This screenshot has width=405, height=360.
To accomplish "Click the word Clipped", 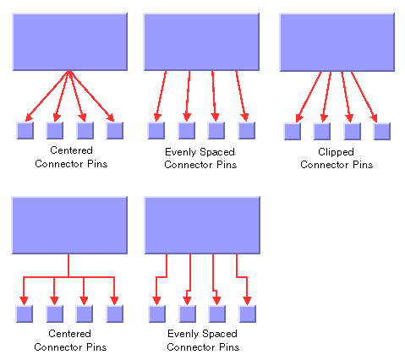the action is click(x=336, y=152).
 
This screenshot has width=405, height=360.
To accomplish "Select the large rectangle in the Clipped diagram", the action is click(x=337, y=42).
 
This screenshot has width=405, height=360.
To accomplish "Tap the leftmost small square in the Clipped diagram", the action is click(x=293, y=131).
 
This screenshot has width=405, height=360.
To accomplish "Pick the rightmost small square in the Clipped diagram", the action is click(x=382, y=131).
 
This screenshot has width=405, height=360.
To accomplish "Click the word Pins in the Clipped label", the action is click(x=363, y=165).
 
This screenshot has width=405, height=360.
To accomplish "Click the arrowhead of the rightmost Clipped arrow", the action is click(x=375, y=118).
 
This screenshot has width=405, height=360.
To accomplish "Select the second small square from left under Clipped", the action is click(x=322, y=131).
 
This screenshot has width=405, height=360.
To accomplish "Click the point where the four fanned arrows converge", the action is click(x=69, y=72).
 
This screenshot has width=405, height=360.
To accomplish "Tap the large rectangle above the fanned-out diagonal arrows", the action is click(x=70, y=41).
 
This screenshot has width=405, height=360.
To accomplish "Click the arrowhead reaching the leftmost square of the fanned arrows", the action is click(x=29, y=117).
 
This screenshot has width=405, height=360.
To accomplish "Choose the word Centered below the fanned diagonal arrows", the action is click(x=71, y=150).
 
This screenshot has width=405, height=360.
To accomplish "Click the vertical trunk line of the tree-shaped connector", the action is click(x=68, y=265).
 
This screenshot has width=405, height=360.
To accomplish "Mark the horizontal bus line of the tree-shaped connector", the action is click(x=69, y=277).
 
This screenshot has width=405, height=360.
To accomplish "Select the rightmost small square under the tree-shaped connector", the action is click(x=115, y=314).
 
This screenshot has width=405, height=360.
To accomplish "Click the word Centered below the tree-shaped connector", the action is click(x=69, y=334).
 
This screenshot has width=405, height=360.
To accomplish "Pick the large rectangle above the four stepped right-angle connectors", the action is click(x=202, y=225).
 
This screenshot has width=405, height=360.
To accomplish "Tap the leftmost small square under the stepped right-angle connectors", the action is click(x=157, y=314).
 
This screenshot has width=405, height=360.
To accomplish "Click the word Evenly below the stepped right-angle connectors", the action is click(x=181, y=334).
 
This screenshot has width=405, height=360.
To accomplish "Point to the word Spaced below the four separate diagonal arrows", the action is click(x=217, y=152).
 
